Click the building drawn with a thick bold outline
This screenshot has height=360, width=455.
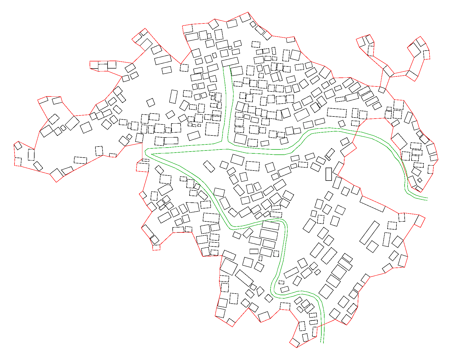[328, 174]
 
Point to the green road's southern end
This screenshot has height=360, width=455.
[322, 342]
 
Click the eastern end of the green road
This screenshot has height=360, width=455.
[427, 199]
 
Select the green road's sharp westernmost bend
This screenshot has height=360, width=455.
[146, 152]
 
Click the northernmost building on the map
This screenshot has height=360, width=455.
[245, 17]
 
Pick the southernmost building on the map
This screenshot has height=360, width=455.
[294, 343]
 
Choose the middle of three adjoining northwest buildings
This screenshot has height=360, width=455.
[103, 66]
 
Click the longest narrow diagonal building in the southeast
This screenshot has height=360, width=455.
[370, 233]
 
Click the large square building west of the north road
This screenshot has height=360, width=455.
[212, 129]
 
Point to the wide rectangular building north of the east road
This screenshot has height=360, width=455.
[337, 113]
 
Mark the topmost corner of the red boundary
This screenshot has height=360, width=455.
[248, 12]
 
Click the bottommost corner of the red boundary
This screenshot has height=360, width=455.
[297, 348]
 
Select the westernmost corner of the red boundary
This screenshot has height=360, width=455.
[14, 144]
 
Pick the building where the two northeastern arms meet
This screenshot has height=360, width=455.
[388, 71]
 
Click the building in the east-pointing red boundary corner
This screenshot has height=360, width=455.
[419, 221]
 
